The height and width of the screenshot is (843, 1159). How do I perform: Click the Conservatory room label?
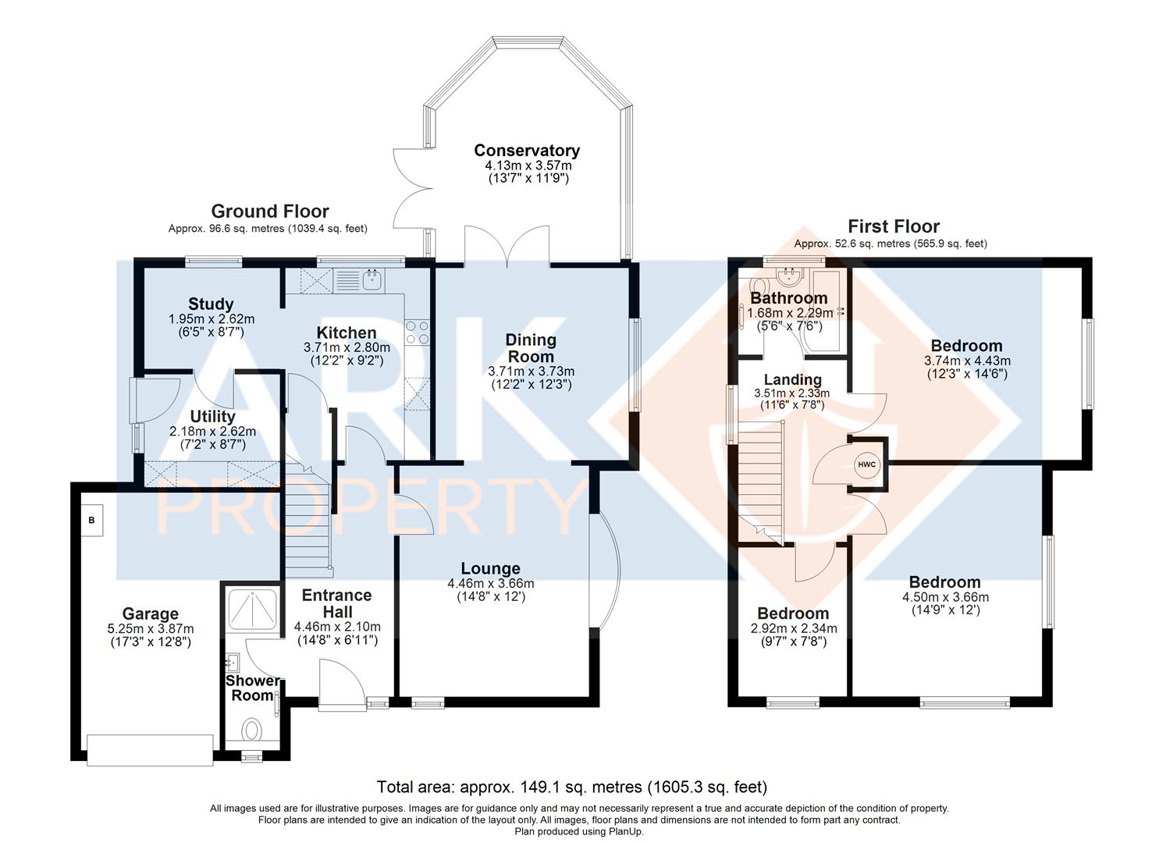coord(527,151)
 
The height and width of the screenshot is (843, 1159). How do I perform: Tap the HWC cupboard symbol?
coord(866,464)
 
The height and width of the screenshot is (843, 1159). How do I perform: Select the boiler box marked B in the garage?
coord(91,520)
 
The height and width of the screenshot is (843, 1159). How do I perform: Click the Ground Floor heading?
coord(269,211)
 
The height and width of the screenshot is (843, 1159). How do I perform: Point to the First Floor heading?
coord(894,226)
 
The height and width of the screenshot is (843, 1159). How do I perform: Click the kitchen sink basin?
coord(372,280)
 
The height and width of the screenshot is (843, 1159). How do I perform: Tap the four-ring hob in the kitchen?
coord(417,333)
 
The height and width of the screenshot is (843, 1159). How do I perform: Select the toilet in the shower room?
coord(252,730)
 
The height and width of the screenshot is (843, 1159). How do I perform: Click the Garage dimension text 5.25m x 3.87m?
coord(151,629)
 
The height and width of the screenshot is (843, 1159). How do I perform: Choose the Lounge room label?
coord(490,568)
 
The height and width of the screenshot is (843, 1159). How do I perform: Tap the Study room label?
coord(211,304)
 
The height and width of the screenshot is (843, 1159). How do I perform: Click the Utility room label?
coord(212,416)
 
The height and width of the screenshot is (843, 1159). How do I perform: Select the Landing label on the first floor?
coord(793,380)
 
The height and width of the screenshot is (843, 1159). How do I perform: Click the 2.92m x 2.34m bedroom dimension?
coord(794,628)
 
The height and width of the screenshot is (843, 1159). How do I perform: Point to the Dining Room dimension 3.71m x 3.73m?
coord(531,371)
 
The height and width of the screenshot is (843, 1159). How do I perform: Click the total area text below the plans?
coord(572,787)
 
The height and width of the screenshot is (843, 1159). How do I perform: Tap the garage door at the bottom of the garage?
coord(150,750)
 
